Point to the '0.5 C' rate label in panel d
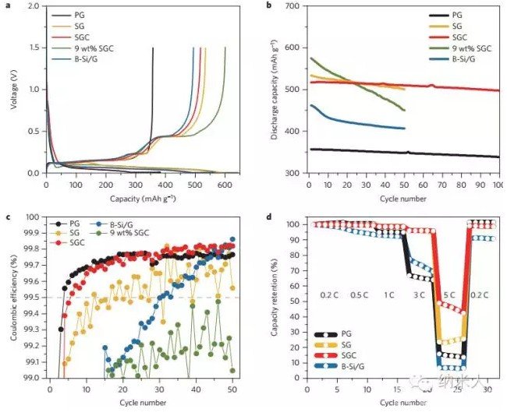[x=360, y=297]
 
